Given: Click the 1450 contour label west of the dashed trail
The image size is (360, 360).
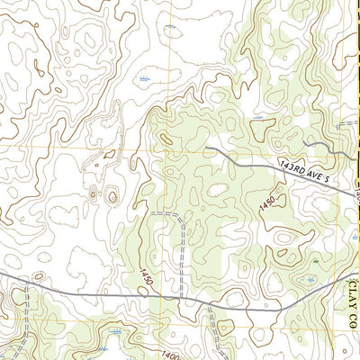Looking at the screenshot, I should (x=145, y=277).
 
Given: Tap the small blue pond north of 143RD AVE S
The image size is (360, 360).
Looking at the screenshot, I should (x=258, y=118).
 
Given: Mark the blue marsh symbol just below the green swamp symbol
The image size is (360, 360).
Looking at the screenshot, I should (x=310, y=280).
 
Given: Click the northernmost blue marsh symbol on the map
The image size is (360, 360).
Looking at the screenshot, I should (x=170, y=27).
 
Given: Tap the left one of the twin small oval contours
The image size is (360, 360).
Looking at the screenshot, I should (x=93, y=193).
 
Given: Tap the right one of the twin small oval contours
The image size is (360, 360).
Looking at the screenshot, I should (x=111, y=195).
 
